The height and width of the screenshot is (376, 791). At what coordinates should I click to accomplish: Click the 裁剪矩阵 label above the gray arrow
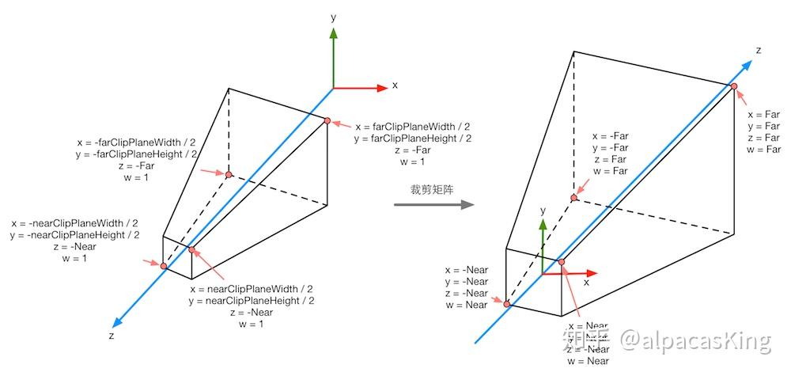pyautogui.click(x=432, y=190)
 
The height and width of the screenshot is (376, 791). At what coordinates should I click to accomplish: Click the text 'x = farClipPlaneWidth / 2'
pyautogui.click(x=413, y=126)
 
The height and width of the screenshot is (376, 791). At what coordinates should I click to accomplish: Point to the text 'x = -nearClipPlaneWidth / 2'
pyautogui.click(x=75, y=223)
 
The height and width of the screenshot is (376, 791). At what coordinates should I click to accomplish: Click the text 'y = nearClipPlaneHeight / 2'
pyautogui.click(x=252, y=301)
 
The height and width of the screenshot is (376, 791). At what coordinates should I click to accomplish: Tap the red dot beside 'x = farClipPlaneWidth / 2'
pyautogui.click(x=327, y=120)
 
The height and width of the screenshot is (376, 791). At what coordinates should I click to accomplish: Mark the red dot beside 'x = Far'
pyautogui.click(x=734, y=86)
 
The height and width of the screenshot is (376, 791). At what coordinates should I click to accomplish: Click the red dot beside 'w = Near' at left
pyautogui.click(x=507, y=304)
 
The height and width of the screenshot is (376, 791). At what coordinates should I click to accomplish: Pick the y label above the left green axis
pyautogui.click(x=335, y=16)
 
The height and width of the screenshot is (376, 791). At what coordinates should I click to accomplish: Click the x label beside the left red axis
pyautogui.click(x=395, y=85)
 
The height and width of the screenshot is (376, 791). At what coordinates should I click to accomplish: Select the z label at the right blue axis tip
pyautogui.click(x=758, y=51)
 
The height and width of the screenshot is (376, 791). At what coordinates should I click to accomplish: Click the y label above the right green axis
pyautogui.click(x=543, y=211)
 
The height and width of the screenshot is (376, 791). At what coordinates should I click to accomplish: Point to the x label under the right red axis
pyautogui.click(x=586, y=282)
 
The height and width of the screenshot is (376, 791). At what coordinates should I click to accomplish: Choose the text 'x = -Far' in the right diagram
pyautogui.click(x=610, y=135)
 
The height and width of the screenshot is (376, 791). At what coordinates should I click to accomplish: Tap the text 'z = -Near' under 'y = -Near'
pyautogui.click(x=467, y=293)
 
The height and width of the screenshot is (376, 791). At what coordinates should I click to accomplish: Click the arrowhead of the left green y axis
pyautogui.click(x=334, y=34)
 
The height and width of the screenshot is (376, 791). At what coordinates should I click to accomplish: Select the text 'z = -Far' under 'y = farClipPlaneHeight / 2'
pyautogui.click(x=413, y=150)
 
